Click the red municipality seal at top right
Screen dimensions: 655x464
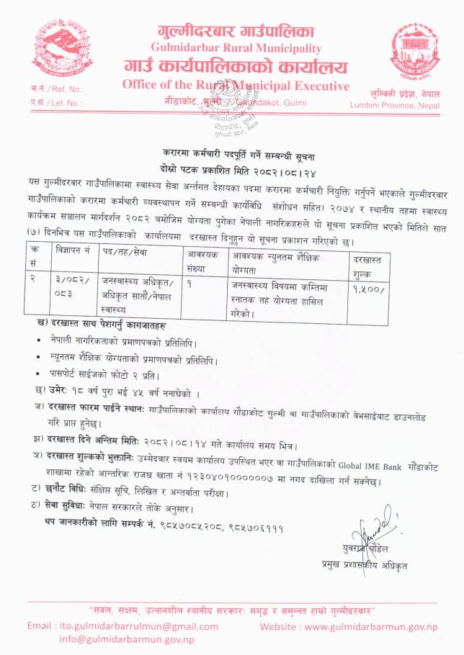pyautogui.click(x=414, y=52)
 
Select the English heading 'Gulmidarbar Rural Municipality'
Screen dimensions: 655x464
pyautogui.click(x=235, y=48)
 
